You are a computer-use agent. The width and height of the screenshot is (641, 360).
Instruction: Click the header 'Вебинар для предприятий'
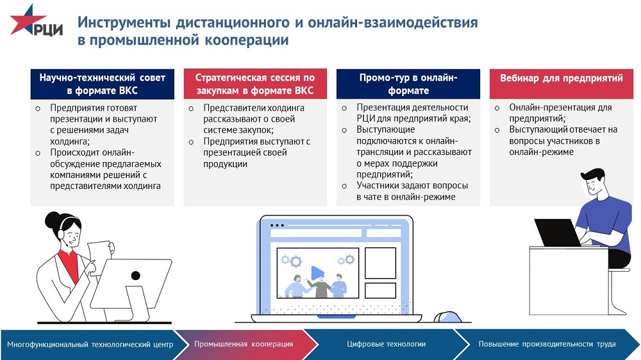(x=562, y=78)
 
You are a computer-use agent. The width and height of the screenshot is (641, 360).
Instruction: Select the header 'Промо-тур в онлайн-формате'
(x=408, y=84)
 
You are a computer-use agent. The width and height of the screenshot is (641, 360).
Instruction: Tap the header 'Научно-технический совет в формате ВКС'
(x=102, y=84)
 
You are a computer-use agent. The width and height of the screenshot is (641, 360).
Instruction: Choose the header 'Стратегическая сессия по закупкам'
(x=255, y=84)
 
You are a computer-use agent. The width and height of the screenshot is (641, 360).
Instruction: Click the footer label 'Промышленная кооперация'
(x=244, y=344)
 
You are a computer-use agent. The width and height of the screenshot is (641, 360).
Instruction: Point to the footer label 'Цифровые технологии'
(x=387, y=344)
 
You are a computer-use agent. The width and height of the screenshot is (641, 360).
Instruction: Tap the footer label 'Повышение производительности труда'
(x=547, y=344)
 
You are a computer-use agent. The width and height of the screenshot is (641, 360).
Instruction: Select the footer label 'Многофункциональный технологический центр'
(x=90, y=345)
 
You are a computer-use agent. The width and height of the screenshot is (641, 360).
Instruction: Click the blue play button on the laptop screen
(x=317, y=273)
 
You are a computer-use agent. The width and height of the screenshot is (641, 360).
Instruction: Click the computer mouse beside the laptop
(x=447, y=317)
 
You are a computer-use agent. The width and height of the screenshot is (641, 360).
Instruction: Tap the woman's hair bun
(x=53, y=220)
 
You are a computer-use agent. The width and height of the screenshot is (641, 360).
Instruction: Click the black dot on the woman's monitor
(x=135, y=275)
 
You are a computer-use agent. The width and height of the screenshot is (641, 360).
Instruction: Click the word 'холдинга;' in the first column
(x=70, y=142)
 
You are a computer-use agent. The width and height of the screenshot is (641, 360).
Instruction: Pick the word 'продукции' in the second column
(x=225, y=164)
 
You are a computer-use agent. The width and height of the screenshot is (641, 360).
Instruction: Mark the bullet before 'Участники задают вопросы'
(x=344, y=186)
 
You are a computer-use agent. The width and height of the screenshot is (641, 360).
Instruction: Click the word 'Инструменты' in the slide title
(x=124, y=22)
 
